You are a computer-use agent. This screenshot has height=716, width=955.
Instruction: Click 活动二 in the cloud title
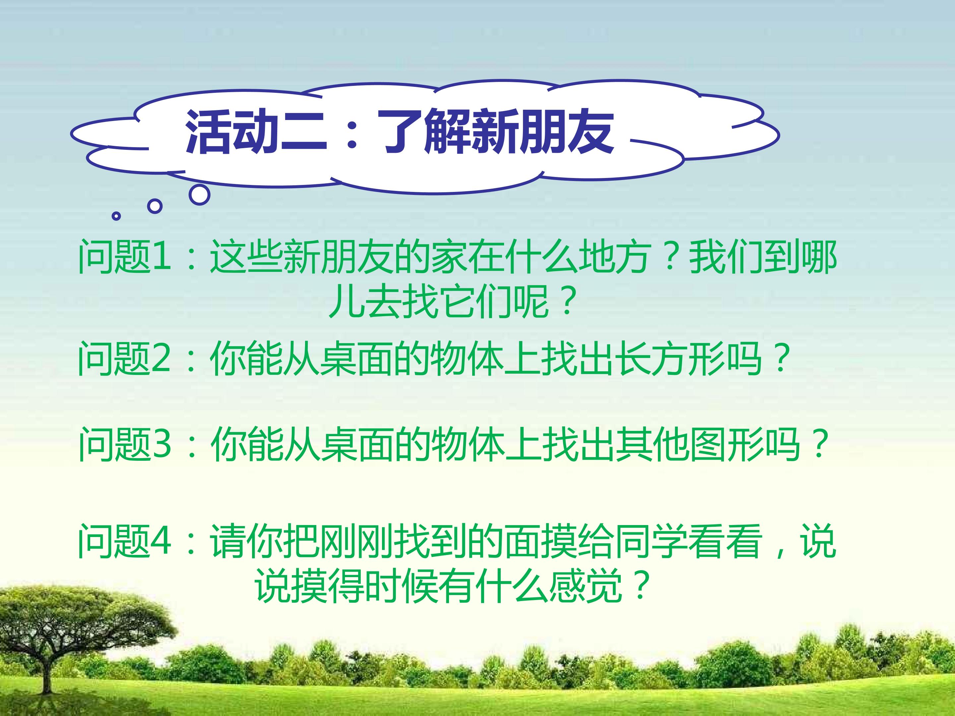(256, 132)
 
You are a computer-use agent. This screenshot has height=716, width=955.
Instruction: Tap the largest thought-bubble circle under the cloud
(200, 195)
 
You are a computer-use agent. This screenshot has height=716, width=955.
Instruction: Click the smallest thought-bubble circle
(116, 216)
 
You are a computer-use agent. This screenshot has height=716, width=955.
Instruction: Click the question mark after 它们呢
(568, 301)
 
